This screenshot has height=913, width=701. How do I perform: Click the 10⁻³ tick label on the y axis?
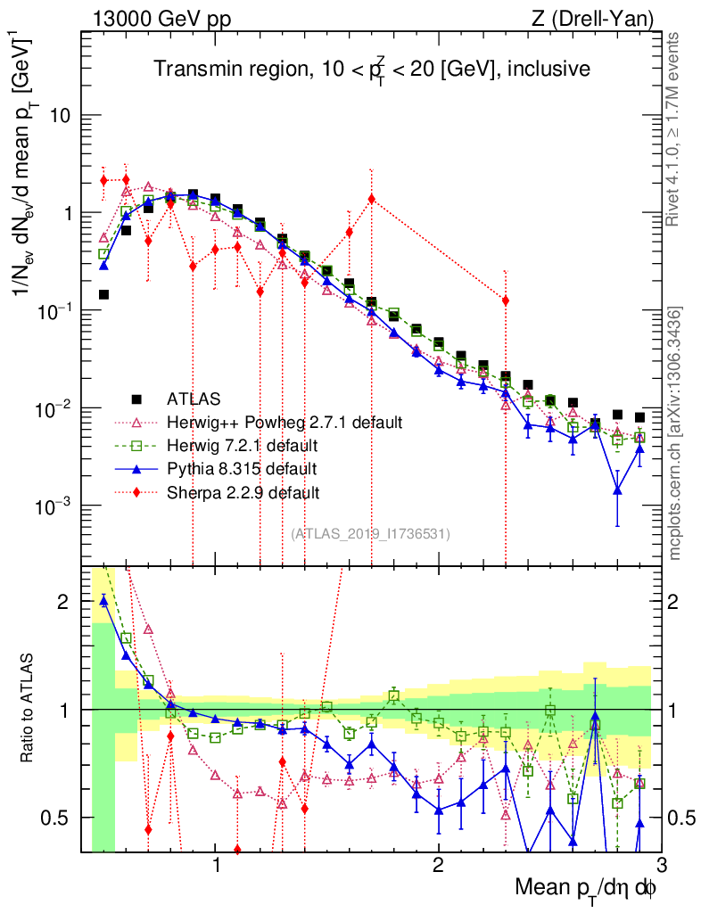[x=55, y=506]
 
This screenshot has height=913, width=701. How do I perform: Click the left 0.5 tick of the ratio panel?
[x=58, y=818]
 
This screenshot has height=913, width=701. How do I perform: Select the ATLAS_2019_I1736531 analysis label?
[x=370, y=534]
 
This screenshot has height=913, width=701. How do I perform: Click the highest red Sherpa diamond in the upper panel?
[x=126, y=179]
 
